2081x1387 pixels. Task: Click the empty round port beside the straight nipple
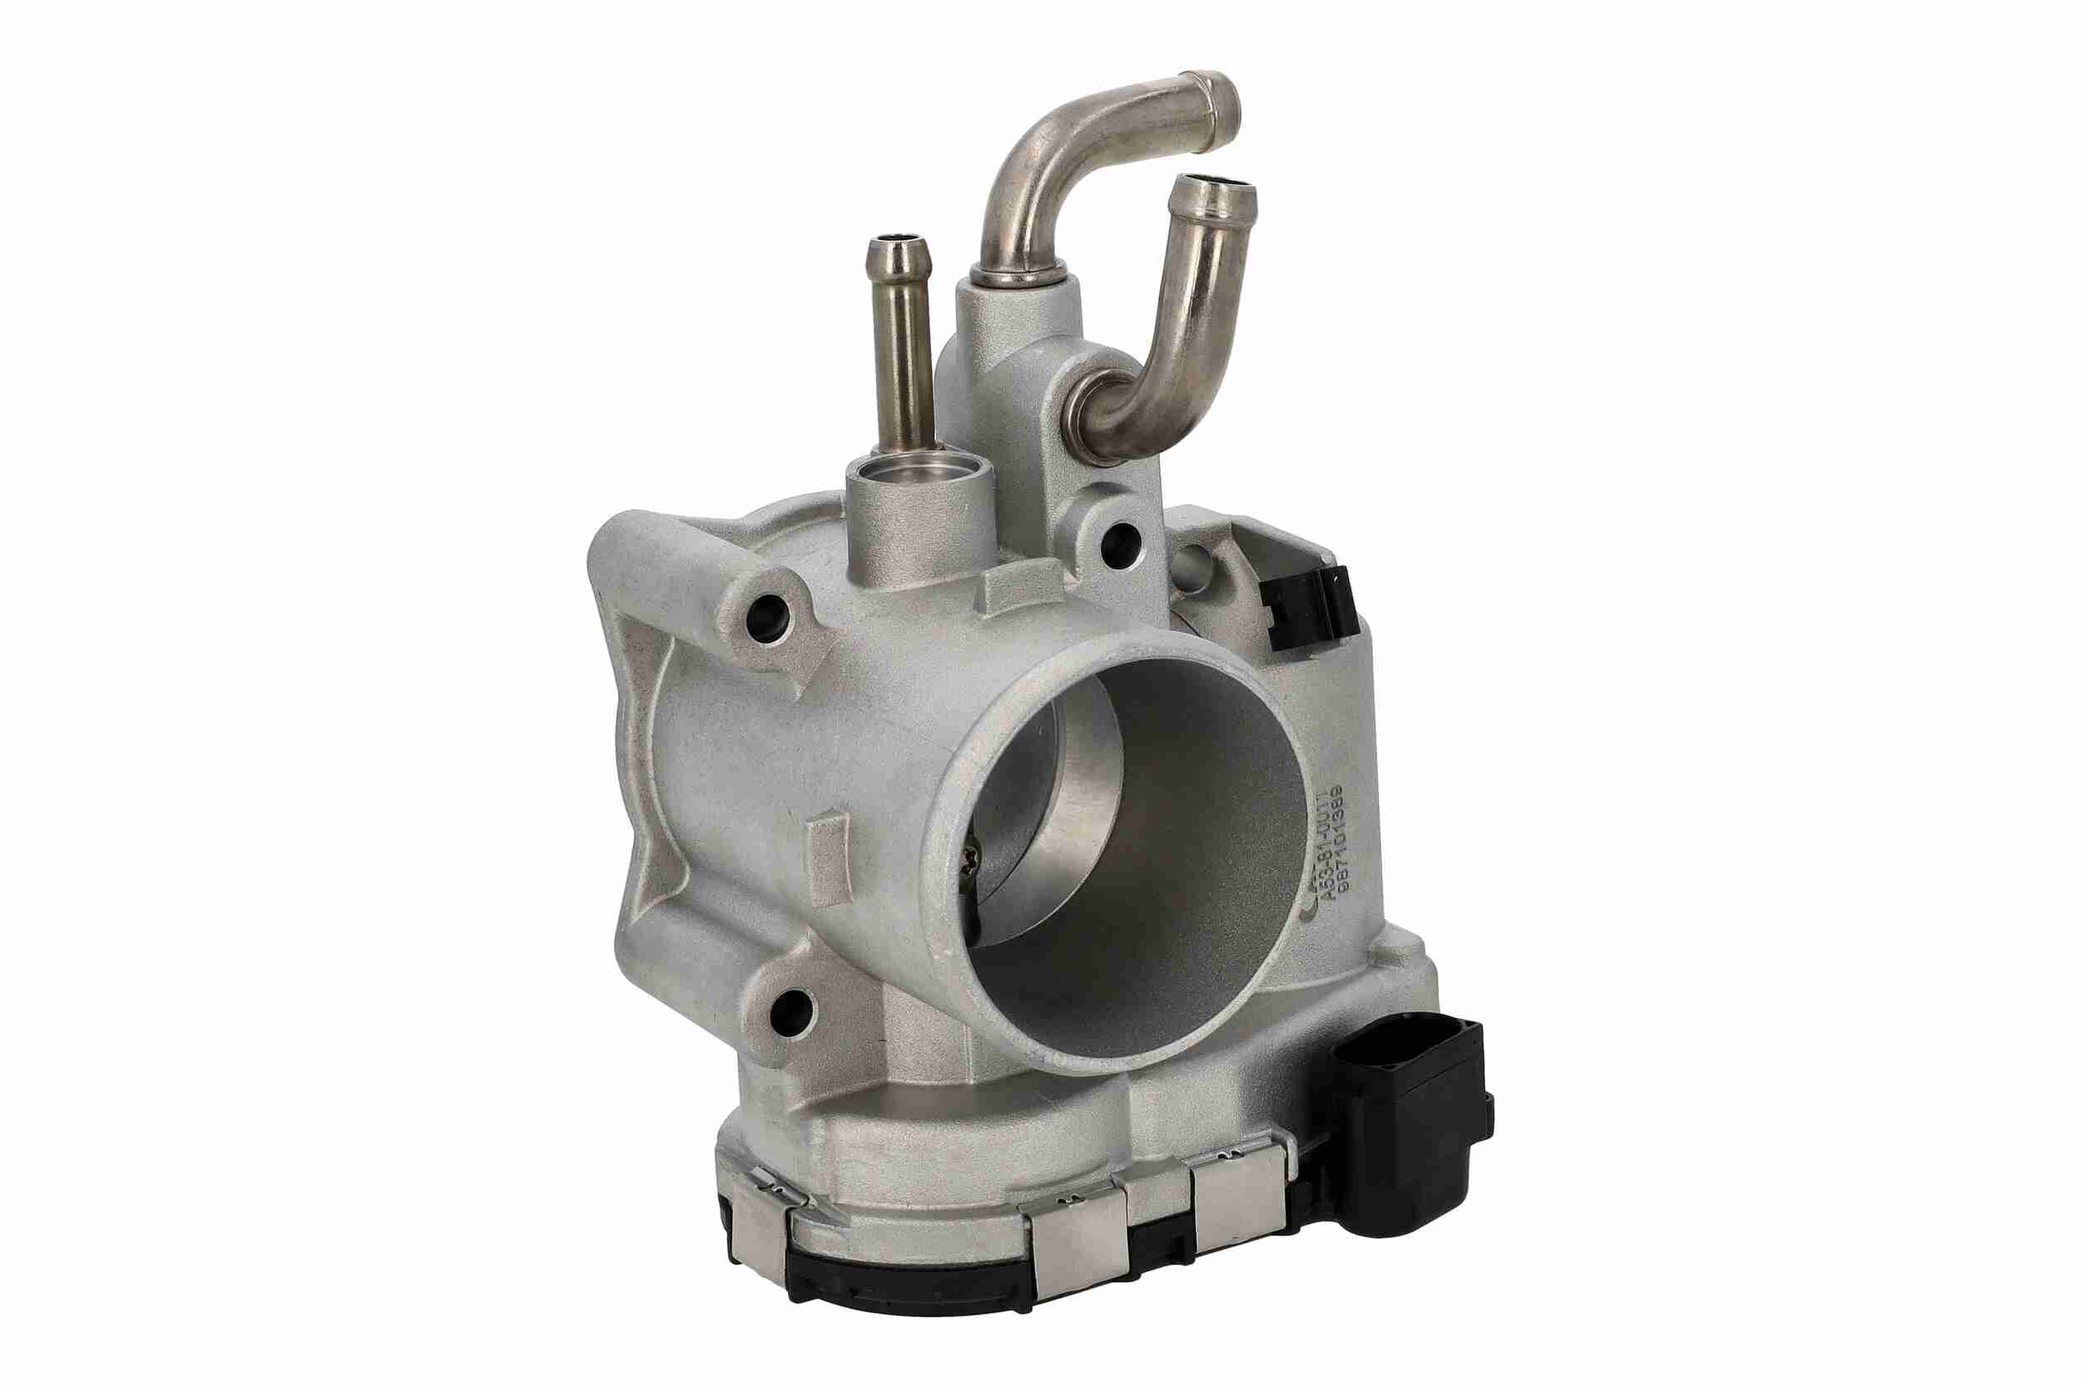[920, 475]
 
